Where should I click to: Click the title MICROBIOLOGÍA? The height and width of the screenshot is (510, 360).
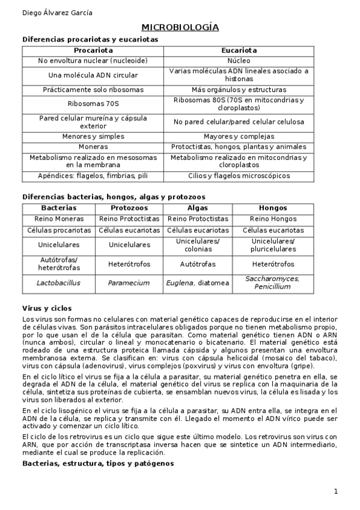[x=180, y=28]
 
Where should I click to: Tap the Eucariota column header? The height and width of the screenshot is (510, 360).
[x=239, y=51]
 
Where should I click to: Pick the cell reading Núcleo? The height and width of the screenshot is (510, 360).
[x=239, y=61]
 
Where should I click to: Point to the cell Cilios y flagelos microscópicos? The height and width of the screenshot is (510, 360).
[x=239, y=176]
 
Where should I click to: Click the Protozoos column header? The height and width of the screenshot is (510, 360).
[x=129, y=207]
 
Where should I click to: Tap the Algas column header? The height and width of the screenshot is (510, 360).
[x=198, y=207]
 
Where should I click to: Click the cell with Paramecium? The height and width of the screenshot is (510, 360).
[x=129, y=282]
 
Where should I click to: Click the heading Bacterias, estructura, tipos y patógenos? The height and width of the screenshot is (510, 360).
[x=98, y=463]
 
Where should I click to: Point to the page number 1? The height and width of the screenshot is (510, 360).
[x=336, y=491]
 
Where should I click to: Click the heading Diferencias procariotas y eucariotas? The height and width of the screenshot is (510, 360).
[x=90, y=39]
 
